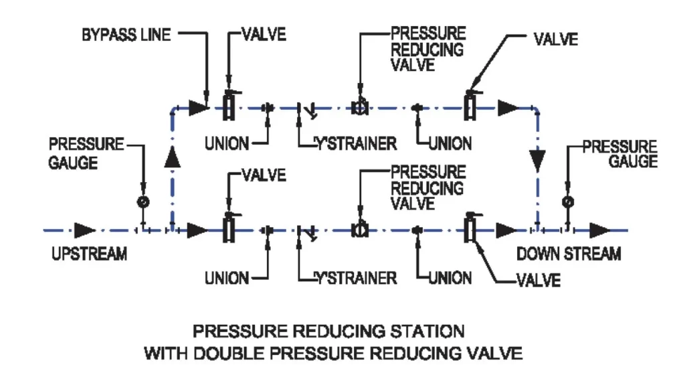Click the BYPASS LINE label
click(126, 35)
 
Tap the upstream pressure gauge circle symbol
click(142, 201)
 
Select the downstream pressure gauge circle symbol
click(567, 201)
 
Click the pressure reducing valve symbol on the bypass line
click(360, 106)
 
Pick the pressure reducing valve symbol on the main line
click(360, 230)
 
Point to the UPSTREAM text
click(89, 254)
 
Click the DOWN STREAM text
click(569, 254)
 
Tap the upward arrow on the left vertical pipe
click(173, 157)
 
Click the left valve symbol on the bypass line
click(228, 106)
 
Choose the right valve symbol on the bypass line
click(470, 105)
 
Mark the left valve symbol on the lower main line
click(228, 228)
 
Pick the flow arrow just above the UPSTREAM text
click(85, 230)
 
